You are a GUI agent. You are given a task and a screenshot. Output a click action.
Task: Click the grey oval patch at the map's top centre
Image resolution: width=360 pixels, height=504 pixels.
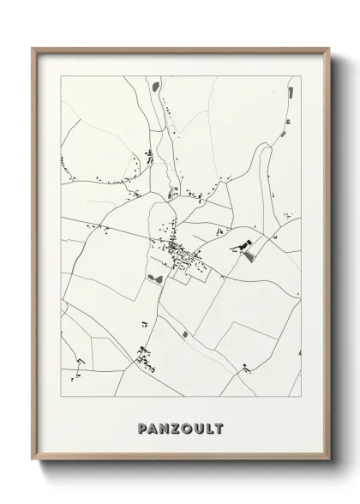pyautogui.click(x=155, y=86)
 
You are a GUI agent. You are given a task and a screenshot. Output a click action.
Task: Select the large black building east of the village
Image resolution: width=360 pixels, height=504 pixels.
pyautogui.click(x=248, y=249)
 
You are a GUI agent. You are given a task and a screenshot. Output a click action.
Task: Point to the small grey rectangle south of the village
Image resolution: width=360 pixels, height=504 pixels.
pyautogui.click(x=183, y=333)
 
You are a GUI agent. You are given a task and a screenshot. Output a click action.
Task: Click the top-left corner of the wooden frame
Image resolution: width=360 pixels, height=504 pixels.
pyautogui.click(x=33, y=48)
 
